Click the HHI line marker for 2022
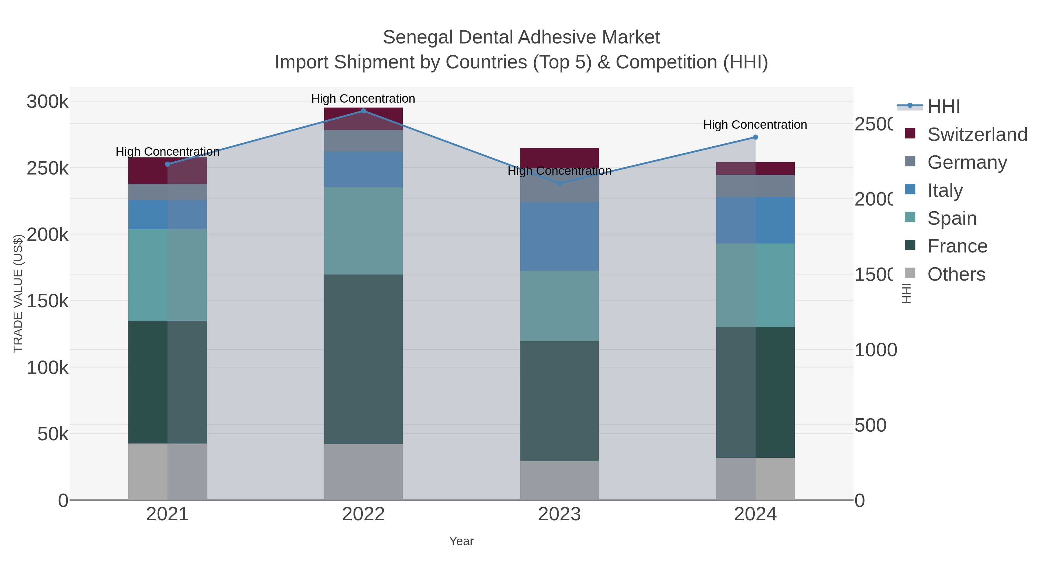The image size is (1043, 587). point(363,111)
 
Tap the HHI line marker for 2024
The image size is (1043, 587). point(755,137)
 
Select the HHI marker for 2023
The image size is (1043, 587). point(559,183)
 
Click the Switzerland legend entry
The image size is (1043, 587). point(977,135)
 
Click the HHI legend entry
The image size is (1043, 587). point(943,107)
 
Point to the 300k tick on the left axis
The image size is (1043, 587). point(48,102)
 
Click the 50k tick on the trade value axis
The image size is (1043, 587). point(53,434)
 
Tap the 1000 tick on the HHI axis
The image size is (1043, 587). point(875,350)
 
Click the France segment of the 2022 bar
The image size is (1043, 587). point(363,359)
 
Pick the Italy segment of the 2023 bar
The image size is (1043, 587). point(559,236)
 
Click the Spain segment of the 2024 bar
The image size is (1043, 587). point(755,285)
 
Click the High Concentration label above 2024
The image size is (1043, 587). point(755,125)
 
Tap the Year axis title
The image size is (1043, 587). point(461,541)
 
